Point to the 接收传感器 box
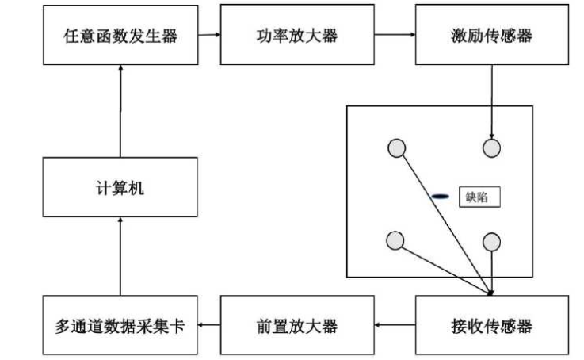click(491, 325)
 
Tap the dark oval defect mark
click(441, 196)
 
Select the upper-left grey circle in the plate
click(396, 147)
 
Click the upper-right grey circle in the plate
click(492, 147)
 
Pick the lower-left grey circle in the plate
click(395, 241)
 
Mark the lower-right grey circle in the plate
click(492, 241)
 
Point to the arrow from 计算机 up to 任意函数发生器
click(120, 111)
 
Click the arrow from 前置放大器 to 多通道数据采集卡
click(208, 325)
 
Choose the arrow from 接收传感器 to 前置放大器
click(394, 325)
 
